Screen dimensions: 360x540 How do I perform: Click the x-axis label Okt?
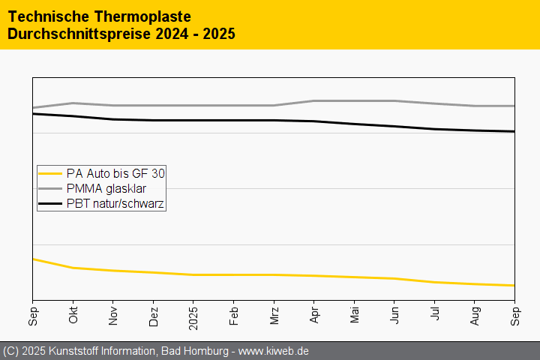[x=73, y=315]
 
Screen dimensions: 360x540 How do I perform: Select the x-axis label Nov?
[x=113, y=315]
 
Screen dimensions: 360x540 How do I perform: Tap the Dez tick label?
[x=154, y=315]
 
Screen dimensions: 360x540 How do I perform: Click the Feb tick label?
[x=234, y=315]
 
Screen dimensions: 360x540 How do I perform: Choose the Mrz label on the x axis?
[x=274, y=315]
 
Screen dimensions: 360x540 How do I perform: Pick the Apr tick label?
[x=314, y=315]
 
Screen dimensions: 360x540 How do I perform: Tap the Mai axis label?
[x=355, y=315]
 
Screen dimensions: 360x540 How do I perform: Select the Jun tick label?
[x=394, y=315]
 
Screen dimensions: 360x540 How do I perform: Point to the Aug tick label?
[x=475, y=315]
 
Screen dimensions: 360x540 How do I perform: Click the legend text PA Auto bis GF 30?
[x=115, y=173]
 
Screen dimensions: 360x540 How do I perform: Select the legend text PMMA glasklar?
[x=106, y=188]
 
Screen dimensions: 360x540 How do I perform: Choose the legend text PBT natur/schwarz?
[x=115, y=203]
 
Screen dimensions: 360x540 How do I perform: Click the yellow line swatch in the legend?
[x=50, y=173]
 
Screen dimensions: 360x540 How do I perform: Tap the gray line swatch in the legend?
[x=50, y=188]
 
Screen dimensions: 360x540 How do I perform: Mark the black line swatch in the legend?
[x=50, y=203]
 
